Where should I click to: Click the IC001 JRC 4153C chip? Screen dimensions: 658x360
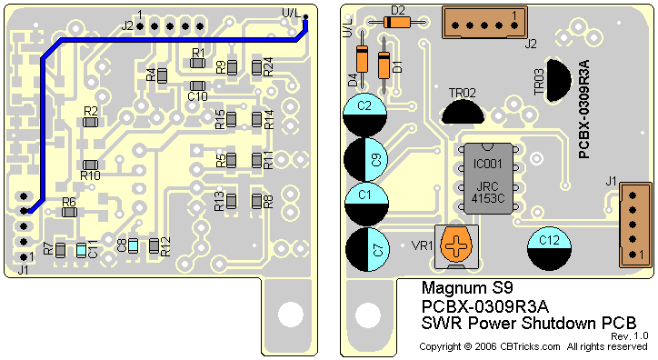488,178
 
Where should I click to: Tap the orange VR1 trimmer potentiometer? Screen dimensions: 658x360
456,246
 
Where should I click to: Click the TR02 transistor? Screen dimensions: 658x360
463,112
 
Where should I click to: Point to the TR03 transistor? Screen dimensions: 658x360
559,80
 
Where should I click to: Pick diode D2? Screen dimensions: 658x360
396,22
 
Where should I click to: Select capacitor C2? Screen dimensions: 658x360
364,115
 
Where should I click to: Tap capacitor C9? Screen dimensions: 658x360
365,159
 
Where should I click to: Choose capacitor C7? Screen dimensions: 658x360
367,249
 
